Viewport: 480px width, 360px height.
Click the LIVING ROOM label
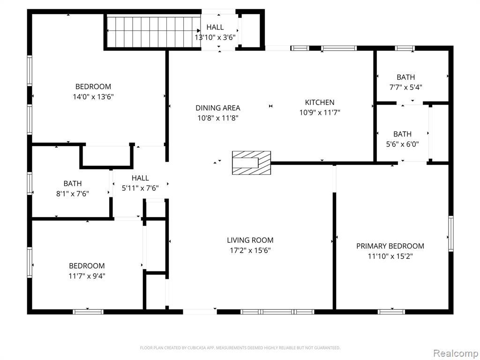(250, 240)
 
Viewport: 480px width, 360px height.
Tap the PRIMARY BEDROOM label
(390, 246)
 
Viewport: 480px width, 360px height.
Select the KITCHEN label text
(320, 102)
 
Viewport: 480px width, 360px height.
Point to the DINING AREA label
(217, 108)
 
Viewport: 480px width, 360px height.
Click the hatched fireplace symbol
(251, 163)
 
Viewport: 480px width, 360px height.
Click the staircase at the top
(153, 32)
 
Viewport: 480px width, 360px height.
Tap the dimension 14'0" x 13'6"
(93, 97)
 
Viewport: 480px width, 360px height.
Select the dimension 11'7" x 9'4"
(87, 276)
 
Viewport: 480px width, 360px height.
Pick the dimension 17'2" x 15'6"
(250, 250)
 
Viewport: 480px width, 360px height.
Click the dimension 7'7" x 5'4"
(405, 87)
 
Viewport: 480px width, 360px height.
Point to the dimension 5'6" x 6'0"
(402, 144)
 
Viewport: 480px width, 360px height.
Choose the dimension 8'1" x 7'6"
(73, 194)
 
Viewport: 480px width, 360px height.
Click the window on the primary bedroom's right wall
(451, 233)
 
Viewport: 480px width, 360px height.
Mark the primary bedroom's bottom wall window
(391, 312)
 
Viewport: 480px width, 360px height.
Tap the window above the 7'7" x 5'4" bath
(405, 48)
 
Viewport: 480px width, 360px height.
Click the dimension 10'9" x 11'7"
(320, 112)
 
